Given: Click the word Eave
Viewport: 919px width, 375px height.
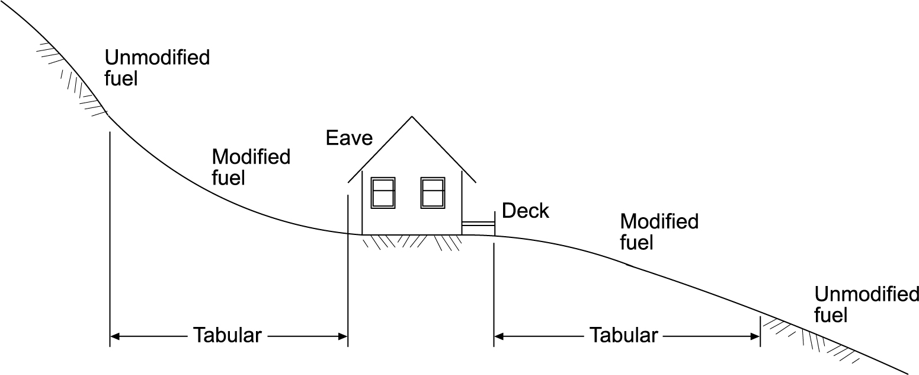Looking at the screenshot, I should (x=349, y=138).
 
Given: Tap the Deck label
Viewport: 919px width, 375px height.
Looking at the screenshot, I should (x=525, y=211).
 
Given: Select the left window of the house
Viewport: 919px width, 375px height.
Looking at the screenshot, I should (x=383, y=192).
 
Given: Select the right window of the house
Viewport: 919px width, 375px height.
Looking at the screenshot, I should (x=433, y=192).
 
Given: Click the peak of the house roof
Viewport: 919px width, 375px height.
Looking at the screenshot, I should (x=412, y=116).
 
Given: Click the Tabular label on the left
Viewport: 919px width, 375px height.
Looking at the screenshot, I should (x=228, y=335).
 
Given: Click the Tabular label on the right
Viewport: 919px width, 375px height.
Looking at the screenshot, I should (x=623, y=335).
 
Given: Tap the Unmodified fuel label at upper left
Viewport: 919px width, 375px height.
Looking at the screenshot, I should (x=156, y=68).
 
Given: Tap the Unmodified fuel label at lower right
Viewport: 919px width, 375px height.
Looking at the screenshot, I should (x=866, y=304).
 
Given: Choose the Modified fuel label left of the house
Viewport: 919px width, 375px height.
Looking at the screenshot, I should (x=251, y=167).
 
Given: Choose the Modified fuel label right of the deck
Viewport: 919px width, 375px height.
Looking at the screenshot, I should (x=659, y=231).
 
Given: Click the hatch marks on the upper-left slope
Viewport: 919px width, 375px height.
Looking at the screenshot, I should (x=71, y=77).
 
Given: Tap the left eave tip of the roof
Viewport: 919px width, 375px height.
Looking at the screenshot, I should (x=348, y=180).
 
